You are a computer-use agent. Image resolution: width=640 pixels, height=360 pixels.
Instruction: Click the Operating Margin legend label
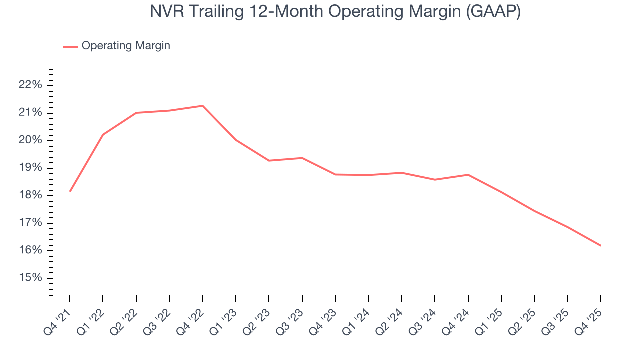pos(126,46)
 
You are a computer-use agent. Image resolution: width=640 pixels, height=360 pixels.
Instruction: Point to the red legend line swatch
pos(70,46)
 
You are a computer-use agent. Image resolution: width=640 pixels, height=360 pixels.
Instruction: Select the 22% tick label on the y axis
pos(30,85)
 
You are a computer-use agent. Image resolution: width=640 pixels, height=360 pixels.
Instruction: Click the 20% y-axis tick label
pos(30,140)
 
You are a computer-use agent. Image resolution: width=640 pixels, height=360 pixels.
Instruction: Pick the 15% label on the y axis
pos(30,278)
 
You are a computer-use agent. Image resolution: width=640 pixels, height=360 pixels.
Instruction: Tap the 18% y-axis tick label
pos(30,195)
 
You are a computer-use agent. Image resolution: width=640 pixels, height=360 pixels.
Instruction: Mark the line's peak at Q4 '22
pos(202,106)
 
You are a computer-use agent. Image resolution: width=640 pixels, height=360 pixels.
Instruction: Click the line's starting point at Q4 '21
pos(70,191)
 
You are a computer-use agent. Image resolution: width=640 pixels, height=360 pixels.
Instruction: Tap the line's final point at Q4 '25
pos(600,245)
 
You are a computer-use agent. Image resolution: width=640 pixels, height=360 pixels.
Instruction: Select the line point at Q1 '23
pos(236,140)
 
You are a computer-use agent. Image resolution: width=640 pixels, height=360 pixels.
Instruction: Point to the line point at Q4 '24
pos(468,175)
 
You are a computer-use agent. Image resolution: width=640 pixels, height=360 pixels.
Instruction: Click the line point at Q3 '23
pos(302,158)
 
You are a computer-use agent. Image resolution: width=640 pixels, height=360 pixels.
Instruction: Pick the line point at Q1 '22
pos(103,135)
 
